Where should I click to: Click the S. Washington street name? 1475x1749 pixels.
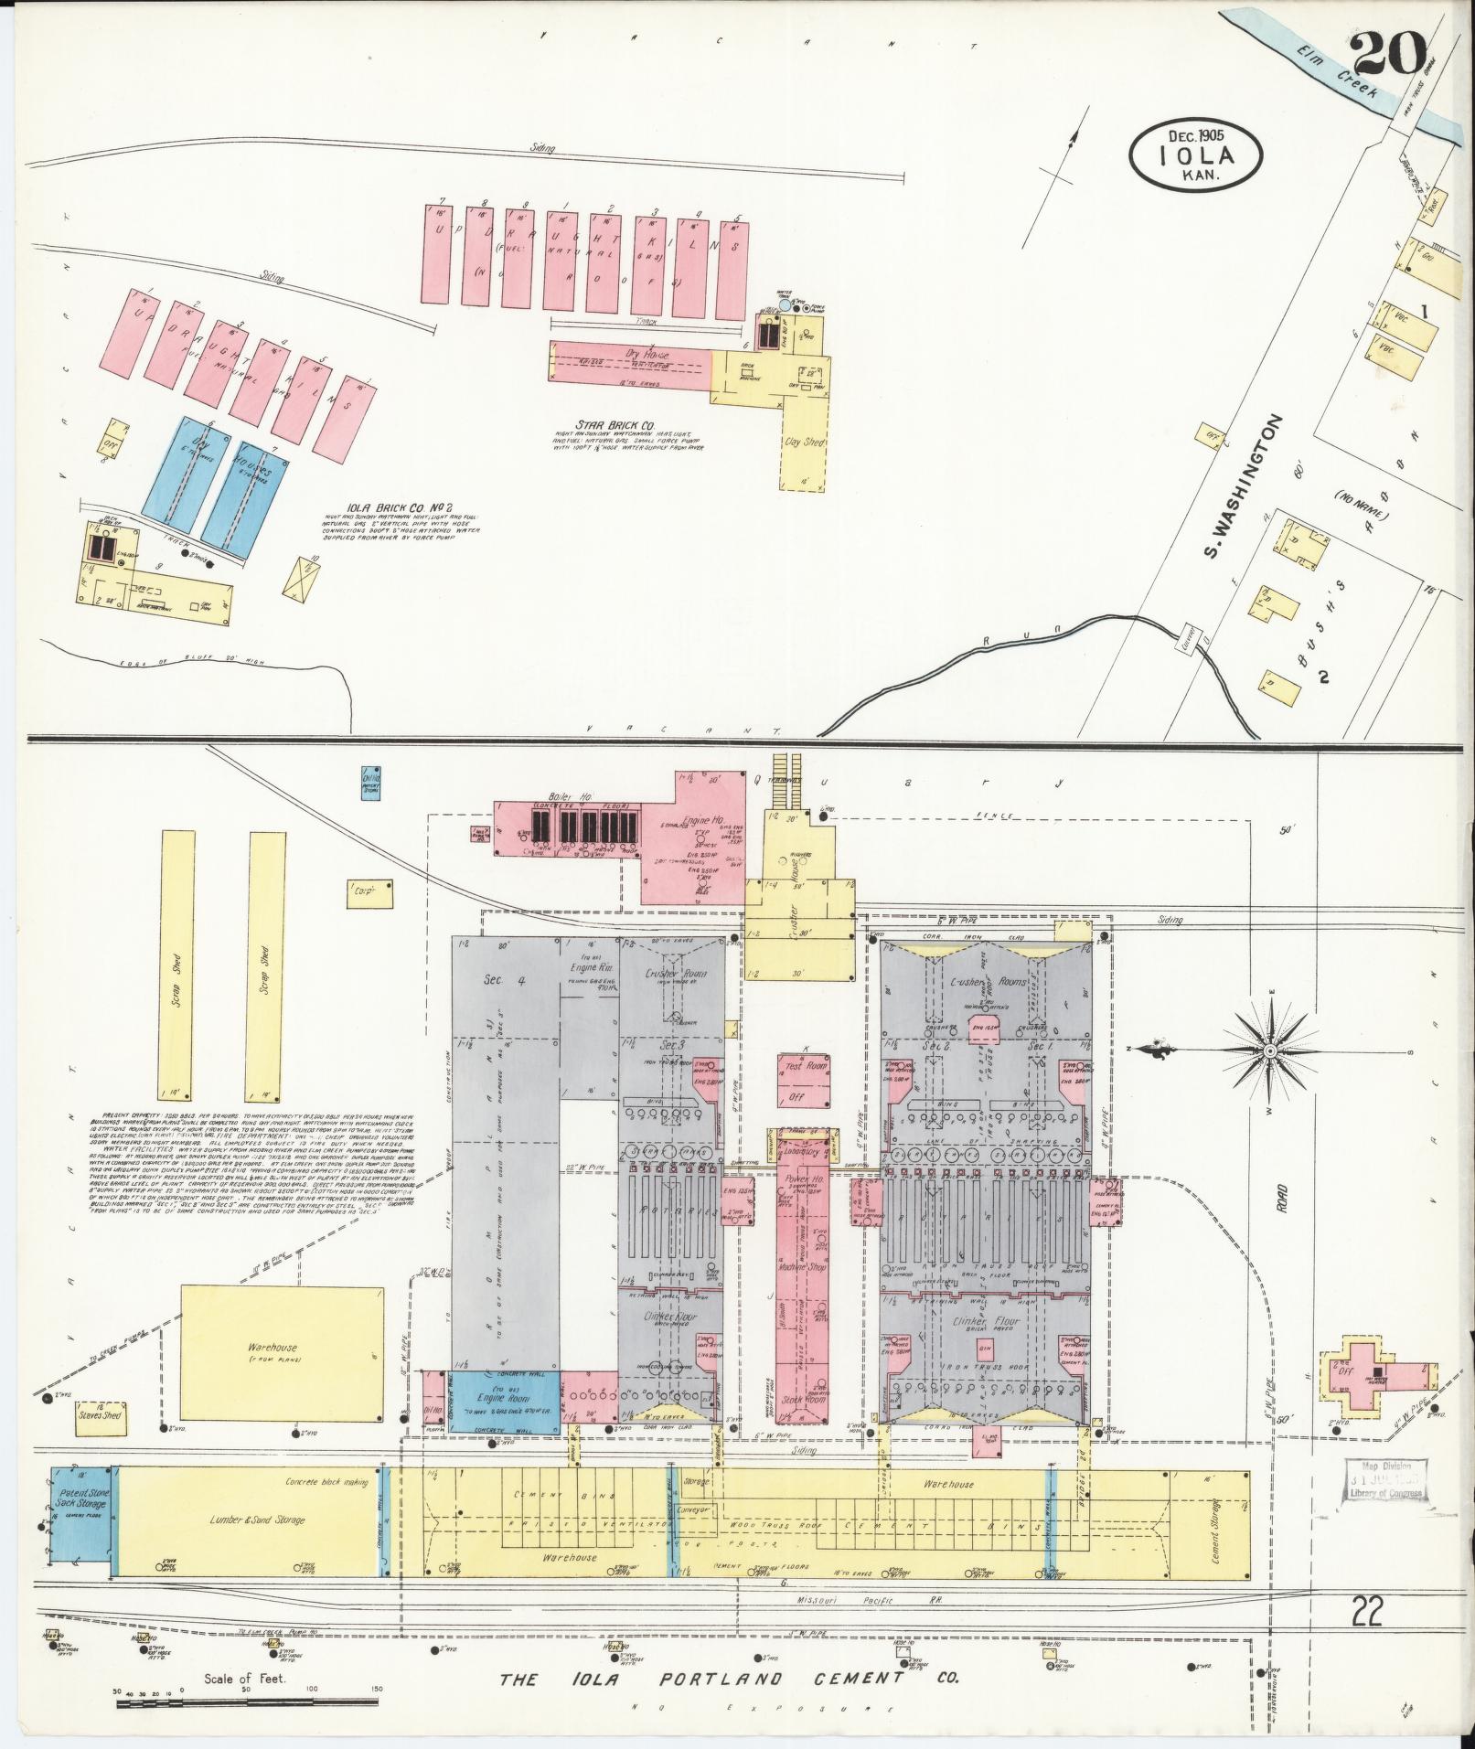point(1242,500)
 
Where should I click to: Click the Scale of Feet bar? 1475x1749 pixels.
point(247,1701)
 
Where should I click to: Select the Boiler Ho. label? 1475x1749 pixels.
point(540,797)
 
